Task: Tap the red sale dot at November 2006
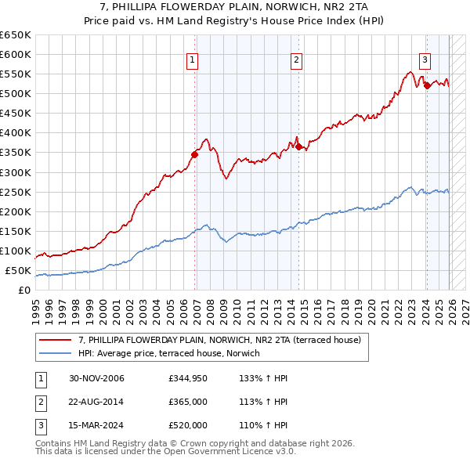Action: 195,154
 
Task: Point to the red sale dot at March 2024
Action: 427,85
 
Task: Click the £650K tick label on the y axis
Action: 16,35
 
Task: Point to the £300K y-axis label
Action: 16,172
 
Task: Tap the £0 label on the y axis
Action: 23,291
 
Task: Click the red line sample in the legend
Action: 56,340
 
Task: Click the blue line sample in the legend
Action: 56,354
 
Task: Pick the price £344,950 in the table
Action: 187,379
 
